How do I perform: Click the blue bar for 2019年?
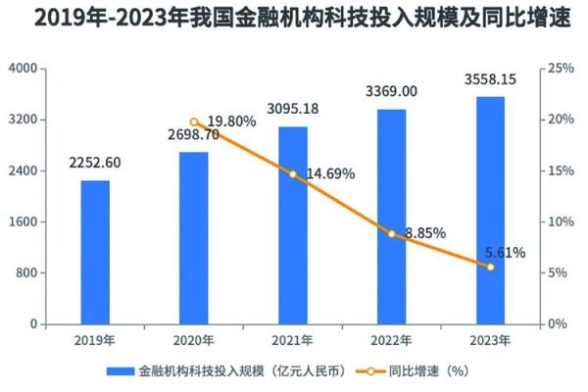tap(95, 252)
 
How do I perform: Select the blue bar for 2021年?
tap(292, 225)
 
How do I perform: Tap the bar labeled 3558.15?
tap(490, 210)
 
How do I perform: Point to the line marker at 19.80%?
tap(194, 122)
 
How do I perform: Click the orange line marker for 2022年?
tap(392, 234)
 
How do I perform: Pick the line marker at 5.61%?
tap(490, 267)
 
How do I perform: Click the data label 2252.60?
tap(95, 164)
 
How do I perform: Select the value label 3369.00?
tap(391, 91)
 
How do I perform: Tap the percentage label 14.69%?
tap(329, 174)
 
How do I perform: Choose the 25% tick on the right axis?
tap(561, 69)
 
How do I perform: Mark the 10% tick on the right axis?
tap(561, 221)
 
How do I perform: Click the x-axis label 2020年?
tap(194, 340)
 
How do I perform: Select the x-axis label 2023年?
tap(490, 340)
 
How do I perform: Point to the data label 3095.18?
tap(292, 109)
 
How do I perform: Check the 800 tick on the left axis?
tap(24, 272)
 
